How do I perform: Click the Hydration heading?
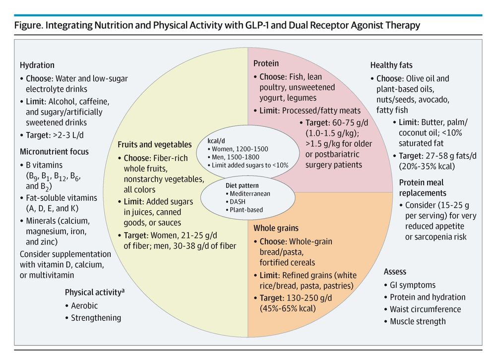[x=37, y=65]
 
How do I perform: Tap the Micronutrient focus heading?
[x=55, y=151]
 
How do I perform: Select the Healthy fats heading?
[x=391, y=65]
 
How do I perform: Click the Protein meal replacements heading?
[x=422, y=187]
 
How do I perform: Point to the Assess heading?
[x=395, y=271]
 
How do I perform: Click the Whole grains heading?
[x=276, y=228]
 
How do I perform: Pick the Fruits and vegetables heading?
[x=154, y=144]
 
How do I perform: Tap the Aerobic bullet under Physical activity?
[x=84, y=305]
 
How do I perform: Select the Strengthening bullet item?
[x=96, y=318]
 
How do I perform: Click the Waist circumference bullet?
[x=425, y=309]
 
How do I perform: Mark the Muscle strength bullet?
[x=418, y=321]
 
